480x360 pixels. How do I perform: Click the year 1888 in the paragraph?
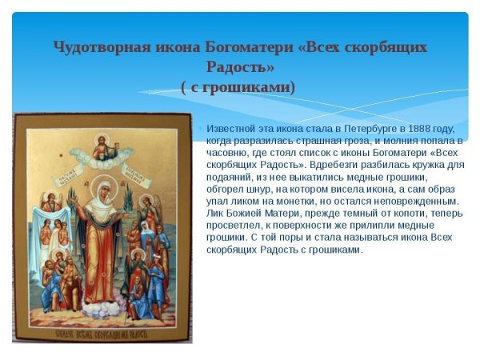coord(422,128)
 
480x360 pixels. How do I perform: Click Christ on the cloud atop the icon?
coord(102,147)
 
